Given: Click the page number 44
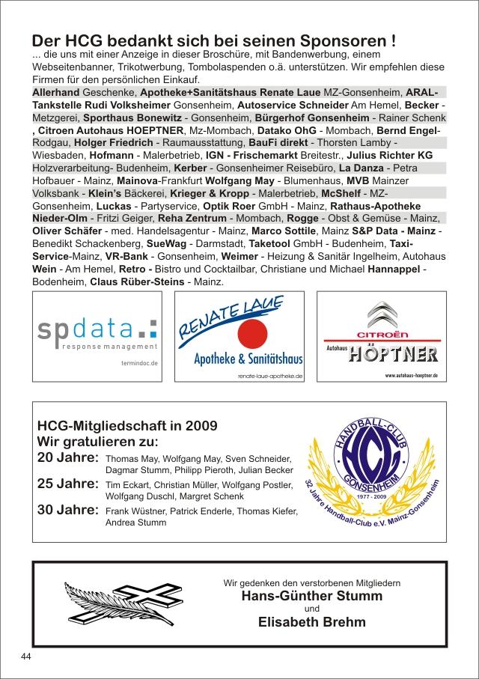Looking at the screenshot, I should click(x=25, y=656).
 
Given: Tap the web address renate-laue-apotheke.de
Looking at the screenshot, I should click(x=269, y=377).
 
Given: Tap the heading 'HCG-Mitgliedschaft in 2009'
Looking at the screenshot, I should click(x=127, y=425).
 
